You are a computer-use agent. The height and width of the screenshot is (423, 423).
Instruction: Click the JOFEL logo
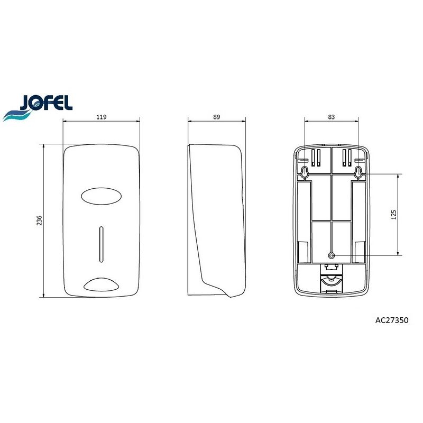38,107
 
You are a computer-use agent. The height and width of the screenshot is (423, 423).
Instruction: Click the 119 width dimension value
102,117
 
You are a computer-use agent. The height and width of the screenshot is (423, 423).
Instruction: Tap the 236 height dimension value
39,220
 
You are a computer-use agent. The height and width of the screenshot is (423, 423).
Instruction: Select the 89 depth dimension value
216,117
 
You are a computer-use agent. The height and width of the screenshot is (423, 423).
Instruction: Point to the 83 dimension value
332,117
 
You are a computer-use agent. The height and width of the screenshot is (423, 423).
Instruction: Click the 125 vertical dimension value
393,215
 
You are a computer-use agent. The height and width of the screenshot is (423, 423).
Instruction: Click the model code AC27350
392,320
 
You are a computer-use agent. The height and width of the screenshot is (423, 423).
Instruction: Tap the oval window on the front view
101,196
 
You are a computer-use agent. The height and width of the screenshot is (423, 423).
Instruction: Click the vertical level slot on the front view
101,244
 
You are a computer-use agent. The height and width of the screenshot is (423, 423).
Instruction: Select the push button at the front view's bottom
101,285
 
